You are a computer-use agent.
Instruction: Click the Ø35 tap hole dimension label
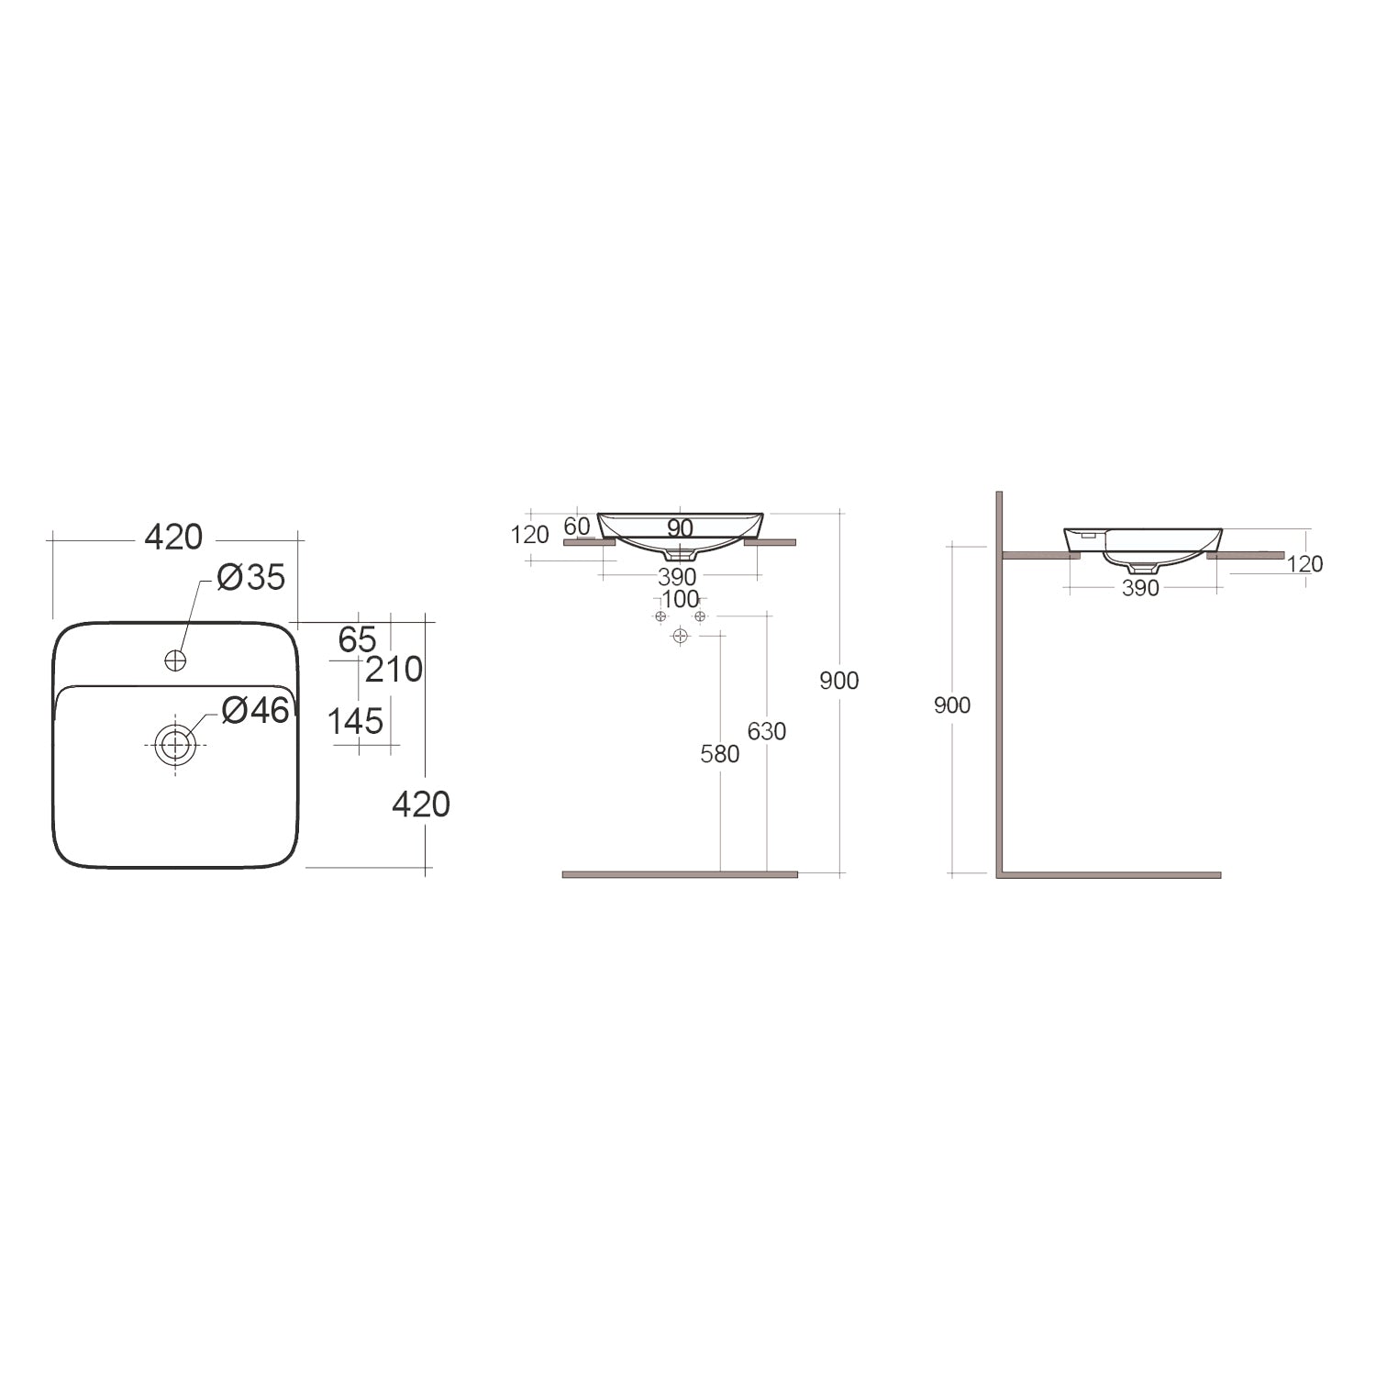coord(251,578)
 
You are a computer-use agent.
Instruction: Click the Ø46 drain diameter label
coord(256,709)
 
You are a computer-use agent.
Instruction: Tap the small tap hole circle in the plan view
coord(174,660)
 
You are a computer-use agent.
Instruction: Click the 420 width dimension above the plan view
coord(173,538)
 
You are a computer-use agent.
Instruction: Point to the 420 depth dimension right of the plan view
coord(420,805)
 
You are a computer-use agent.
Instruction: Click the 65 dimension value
coord(357,639)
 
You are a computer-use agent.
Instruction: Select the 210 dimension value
coord(394,670)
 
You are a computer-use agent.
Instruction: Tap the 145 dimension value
coord(355,722)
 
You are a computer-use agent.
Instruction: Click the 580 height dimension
coord(719,754)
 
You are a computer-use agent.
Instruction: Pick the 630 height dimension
coord(767,731)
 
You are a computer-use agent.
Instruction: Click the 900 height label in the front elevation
coord(839,681)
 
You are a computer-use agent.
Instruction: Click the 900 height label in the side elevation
coord(951,705)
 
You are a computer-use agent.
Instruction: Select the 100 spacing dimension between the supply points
coord(680,600)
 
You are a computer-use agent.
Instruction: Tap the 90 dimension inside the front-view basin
coord(680,528)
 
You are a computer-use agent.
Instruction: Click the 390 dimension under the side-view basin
coord(1140,589)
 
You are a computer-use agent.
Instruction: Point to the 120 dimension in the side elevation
coord(1304,564)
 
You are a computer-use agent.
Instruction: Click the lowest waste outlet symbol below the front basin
coord(680,636)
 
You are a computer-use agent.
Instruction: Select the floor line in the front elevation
coord(680,874)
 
